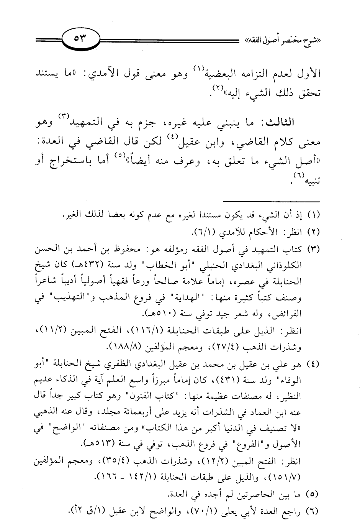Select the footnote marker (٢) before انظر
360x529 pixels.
click(313, 232)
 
